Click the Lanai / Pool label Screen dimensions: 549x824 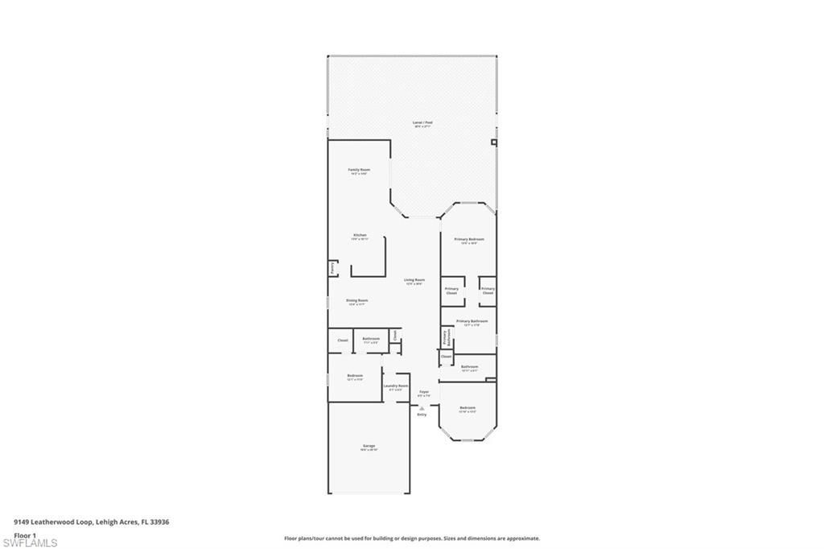click(422, 124)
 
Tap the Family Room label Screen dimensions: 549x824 click(359, 171)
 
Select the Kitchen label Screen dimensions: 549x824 click(360, 237)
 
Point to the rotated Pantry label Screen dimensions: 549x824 click(332, 268)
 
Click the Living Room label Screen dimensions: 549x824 click(414, 281)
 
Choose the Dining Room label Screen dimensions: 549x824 click(356, 302)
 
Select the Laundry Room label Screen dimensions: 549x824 click(396, 387)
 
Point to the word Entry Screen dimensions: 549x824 click(422, 415)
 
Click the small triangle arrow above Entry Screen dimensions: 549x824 click(422, 408)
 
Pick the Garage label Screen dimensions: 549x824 click(369, 447)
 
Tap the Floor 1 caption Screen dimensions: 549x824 click(25, 535)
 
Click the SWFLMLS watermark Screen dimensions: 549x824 click(30, 543)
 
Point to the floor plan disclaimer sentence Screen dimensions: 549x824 click(411, 539)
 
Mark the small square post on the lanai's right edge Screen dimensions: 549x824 click(494, 142)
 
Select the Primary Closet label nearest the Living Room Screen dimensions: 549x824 click(451, 291)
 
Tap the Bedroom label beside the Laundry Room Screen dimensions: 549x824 click(355, 377)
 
